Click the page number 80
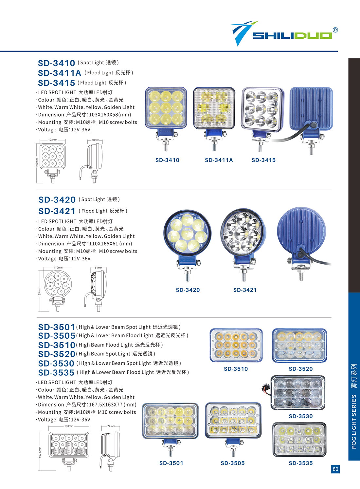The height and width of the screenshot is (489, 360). pyautogui.click(x=335, y=469)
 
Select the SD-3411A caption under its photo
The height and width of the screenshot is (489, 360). pyautogui.click(x=219, y=160)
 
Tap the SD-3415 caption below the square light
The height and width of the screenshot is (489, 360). pyautogui.click(x=263, y=160)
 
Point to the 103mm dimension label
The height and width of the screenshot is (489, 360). pyautogui.click(x=53, y=140)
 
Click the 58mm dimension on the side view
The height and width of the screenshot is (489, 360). pyautogui.click(x=95, y=140)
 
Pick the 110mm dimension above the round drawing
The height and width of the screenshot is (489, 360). pyautogui.click(x=58, y=267)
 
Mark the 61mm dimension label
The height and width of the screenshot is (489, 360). pyautogui.click(x=99, y=268)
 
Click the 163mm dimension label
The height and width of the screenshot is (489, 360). pyautogui.click(x=69, y=426)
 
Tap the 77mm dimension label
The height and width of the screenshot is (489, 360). pyautogui.click(x=111, y=426)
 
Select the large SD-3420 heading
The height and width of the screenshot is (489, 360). pyautogui.click(x=57, y=199)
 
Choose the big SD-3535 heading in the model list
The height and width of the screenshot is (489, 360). pyautogui.click(x=56, y=372)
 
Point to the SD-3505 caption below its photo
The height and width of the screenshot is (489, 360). pyautogui.click(x=233, y=463)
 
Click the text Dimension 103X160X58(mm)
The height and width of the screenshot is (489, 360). pyautogui.click(x=84, y=115)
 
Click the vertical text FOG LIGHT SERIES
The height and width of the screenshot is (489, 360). pyautogui.click(x=354, y=421)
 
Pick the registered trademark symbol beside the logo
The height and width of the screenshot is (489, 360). pyautogui.click(x=335, y=30)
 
